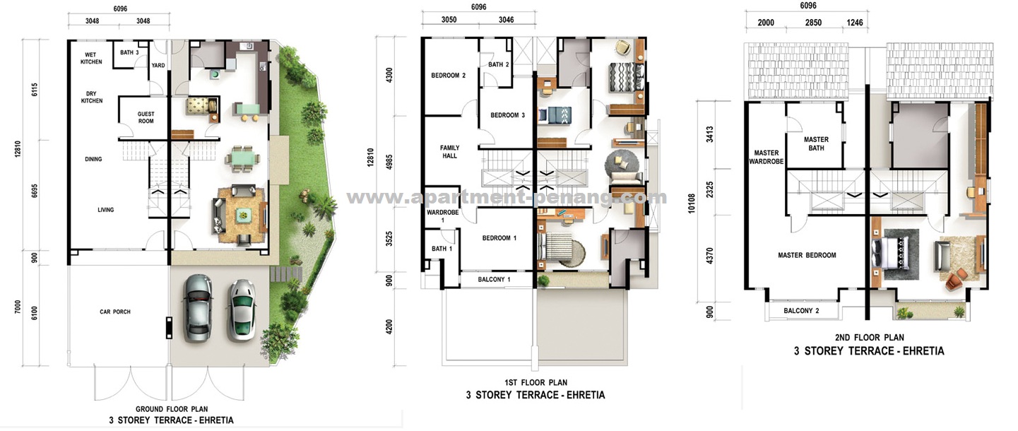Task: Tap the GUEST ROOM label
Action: (x=146, y=117)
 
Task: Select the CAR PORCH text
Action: (x=114, y=312)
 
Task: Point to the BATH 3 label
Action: (x=129, y=52)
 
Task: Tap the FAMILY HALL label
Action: (x=449, y=151)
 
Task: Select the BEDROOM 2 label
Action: (x=449, y=76)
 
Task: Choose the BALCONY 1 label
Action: (x=494, y=280)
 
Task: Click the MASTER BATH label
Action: (x=816, y=143)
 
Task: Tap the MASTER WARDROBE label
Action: (x=767, y=157)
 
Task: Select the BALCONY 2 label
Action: (x=801, y=311)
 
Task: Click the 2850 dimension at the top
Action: (x=815, y=23)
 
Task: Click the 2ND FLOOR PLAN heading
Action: (x=868, y=338)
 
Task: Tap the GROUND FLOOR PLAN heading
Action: (x=171, y=409)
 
